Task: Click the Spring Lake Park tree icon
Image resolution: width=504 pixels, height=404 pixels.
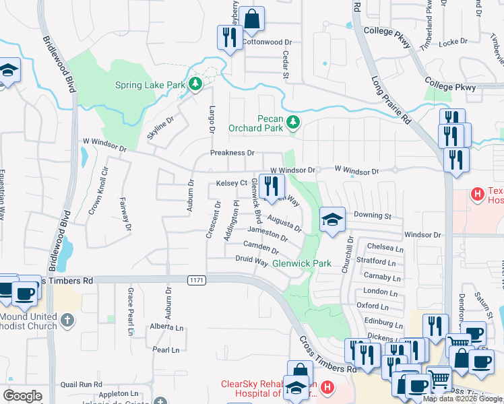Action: (195, 84)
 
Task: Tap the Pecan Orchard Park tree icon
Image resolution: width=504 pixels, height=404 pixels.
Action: (292, 122)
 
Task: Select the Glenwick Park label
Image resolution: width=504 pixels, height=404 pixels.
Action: (302, 263)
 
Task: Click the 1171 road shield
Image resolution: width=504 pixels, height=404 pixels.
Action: (195, 279)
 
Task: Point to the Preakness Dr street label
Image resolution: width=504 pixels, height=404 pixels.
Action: (232, 153)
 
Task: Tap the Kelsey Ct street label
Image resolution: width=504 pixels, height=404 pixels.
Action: (232, 183)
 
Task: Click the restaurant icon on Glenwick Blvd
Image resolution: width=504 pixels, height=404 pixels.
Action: (272, 186)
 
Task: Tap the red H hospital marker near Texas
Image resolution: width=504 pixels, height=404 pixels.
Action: (478, 195)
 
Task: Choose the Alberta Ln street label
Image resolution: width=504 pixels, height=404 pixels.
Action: (166, 326)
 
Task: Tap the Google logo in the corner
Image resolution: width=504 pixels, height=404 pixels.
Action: (22, 396)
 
